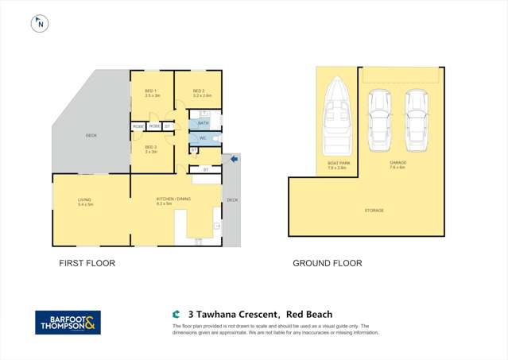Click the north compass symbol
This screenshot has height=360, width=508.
click(38, 24)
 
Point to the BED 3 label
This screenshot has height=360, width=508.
click(152, 147)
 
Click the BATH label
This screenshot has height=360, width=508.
click(203, 123)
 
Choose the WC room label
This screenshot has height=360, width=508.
click(203, 138)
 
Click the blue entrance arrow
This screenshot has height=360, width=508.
click(234, 160)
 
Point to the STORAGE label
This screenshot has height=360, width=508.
click(374, 211)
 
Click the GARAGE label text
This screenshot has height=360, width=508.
click(397, 163)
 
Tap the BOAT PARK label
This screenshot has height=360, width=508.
click(339, 163)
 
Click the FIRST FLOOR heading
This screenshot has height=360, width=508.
click(87, 263)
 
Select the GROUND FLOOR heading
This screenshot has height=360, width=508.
click(328, 263)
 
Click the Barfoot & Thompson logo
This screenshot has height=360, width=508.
click(68, 322)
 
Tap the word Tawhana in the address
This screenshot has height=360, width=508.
click(217, 315)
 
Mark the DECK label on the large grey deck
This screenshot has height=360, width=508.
click(91, 136)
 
